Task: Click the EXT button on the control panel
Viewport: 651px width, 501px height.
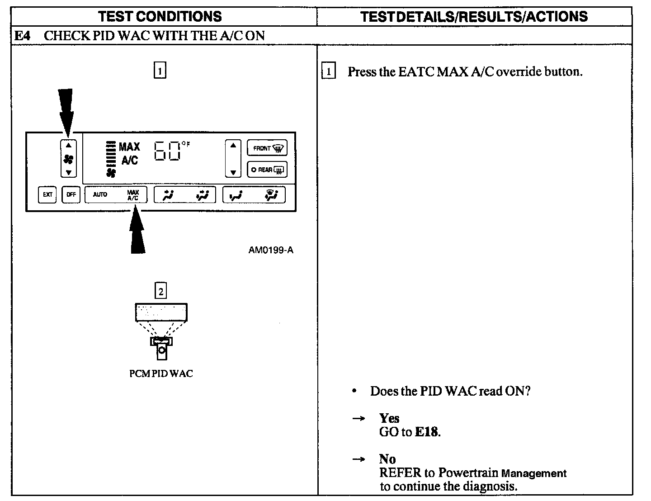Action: [x=47, y=195]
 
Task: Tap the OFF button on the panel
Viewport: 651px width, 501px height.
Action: [x=71, y=195]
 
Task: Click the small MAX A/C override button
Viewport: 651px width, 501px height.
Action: [x=133, y=195]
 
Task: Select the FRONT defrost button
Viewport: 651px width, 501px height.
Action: [x=267, y=148]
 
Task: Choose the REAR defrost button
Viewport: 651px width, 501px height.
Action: [x=267, y=170]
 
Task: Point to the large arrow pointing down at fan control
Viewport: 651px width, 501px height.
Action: [x=66, y=111]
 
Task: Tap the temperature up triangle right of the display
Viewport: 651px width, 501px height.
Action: [x=233, y=146]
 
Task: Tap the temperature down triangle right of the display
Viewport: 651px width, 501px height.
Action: [x=233, y=172]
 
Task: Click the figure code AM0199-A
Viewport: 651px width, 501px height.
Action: [x=270, y=250]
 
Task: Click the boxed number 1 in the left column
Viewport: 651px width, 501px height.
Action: [x=160, y=71]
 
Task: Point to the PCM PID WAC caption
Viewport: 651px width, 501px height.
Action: [x=161, y=373]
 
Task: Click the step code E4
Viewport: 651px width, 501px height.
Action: [x=22, y=36]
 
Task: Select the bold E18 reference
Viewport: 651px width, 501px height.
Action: [x=426, y=432]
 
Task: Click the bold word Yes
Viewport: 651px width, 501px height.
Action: [x=389, y=418]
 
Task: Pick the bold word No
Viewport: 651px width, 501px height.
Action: [x=387, y=459]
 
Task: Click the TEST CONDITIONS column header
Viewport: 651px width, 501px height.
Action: [x=160, y=17]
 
